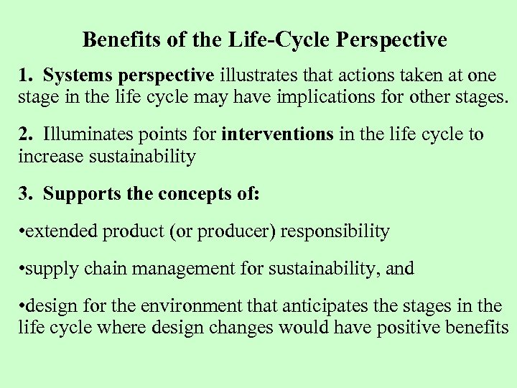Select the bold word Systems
[x=75, y=75]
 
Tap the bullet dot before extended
[x=22, y=232]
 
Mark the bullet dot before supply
[x=22, y=269]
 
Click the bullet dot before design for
[x=22, y=307]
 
